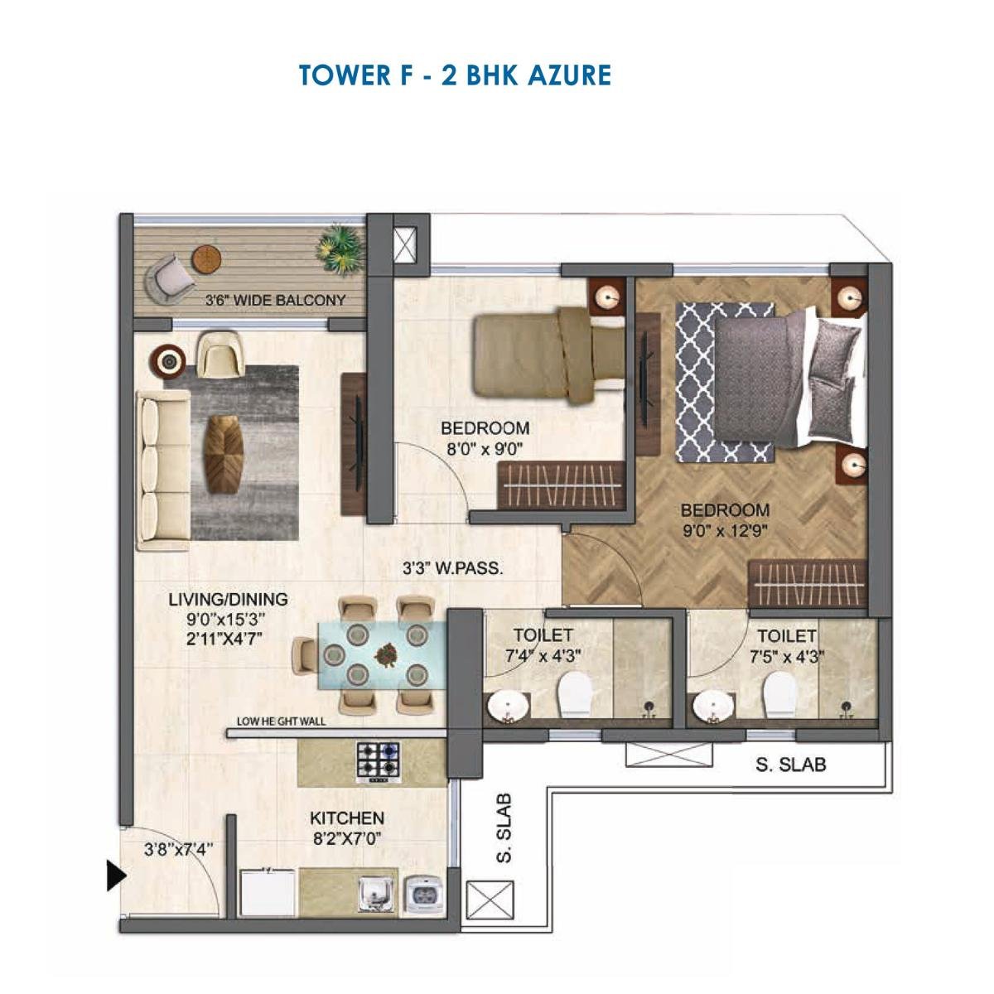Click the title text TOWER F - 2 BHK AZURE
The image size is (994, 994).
455,75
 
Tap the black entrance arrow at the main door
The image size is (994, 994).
115,875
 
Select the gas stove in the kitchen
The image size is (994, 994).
379,761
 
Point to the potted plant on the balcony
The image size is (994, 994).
340,246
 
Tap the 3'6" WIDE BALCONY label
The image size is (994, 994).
275,300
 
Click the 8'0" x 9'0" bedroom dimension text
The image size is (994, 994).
485,450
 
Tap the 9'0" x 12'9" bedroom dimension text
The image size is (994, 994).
726,532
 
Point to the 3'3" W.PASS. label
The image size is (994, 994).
453,569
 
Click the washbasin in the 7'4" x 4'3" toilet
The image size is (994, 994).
504,707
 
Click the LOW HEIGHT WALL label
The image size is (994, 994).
281,721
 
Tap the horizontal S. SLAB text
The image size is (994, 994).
790,765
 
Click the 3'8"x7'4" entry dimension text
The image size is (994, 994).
179,849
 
